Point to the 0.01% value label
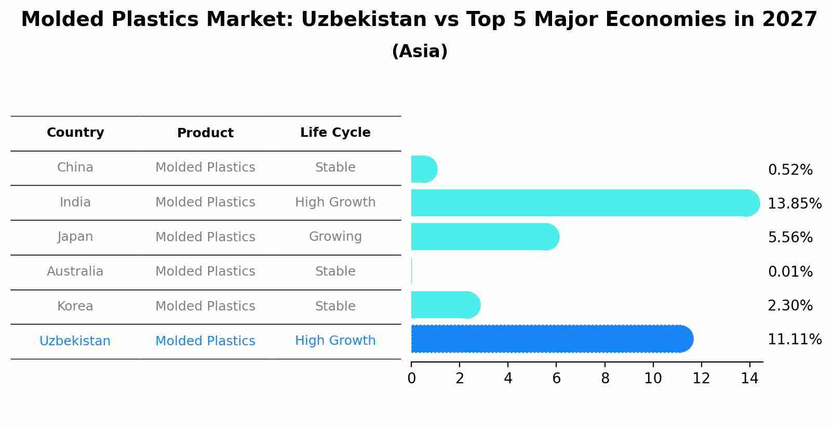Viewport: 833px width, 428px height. (x=790, y=271)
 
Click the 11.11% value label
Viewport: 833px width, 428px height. (x=794, y=340)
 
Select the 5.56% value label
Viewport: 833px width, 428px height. (x=790, y=237)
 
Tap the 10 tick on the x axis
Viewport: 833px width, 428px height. (x=653, y=379)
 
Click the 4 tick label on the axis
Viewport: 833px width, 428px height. (x=508, y=379)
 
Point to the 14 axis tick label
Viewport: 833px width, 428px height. (x=749, y=379)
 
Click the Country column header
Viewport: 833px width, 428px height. (x=75, y=133)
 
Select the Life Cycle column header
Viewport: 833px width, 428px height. (x=335, y=133)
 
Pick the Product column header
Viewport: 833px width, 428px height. (x=205, y=133)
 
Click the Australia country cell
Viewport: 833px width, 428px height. (x=75, y=271)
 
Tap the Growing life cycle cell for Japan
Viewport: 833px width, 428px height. (x=335, y=237)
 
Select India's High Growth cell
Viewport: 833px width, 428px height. (x=335, y=202)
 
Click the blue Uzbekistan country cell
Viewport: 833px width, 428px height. (x=75, y=341)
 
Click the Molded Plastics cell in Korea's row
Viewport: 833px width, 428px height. (x=205, y=306)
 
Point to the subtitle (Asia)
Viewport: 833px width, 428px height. (x=420, y=51)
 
